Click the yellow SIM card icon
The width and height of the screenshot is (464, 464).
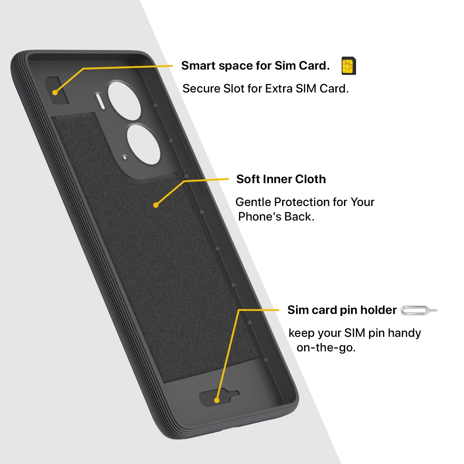point(349,66)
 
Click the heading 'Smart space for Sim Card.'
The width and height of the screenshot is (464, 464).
point(256,66)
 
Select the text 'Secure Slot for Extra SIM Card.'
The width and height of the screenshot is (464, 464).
point(265,88)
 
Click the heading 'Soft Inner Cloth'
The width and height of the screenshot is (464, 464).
point(281,179)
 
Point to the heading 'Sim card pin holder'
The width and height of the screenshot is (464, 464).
point(342,310)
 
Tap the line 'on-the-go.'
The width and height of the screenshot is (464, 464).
point(326,348)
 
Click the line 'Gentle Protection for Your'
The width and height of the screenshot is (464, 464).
point(305,202)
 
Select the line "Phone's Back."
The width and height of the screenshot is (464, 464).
point(276,217)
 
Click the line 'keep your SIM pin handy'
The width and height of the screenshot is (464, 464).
point(354,333)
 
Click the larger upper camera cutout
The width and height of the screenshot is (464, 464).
point(124,101)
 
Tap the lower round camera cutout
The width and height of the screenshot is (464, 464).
point(143,144)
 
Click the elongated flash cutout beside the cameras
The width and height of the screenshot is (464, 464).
point(101,101)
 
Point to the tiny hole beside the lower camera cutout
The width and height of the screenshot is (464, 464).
point(125,157)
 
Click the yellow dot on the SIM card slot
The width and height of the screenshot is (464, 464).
point(55,92)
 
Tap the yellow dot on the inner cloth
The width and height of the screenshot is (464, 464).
point(156,205)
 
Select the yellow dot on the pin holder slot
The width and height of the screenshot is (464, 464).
point(217,400)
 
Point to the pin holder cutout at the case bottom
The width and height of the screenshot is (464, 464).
point(219,397)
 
